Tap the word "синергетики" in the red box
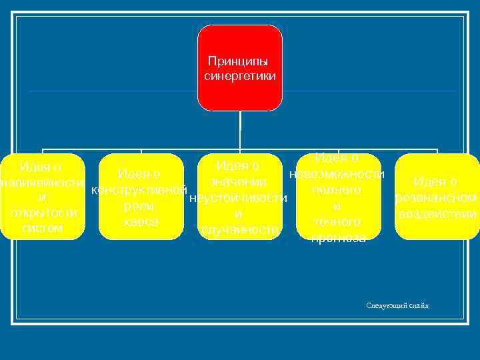click(239, 76)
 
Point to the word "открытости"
click(43, 213)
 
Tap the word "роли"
click(140, 206)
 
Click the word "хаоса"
click(140, 221)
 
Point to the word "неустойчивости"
click(238, 198)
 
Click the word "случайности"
click(239, 230)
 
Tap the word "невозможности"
click(337, 175)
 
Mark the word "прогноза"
click(337, 237)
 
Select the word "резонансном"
click(436, 198)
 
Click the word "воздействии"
click(437, 214)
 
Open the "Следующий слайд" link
click(397, 305)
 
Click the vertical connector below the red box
click(239, 130)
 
